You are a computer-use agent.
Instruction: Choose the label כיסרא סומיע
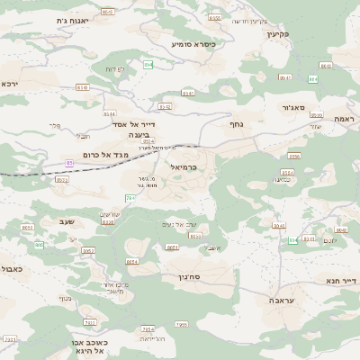pyautogui.click(x=192, y=43)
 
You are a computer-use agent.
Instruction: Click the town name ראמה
pyautogui.click(x=344, y=119)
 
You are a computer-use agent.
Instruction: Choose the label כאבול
pyautogui.click(x=11, y=268)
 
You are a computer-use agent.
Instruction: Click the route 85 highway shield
pyautogui.click(x=69, y=163)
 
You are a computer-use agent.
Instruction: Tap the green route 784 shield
pyautogui.click(x=130, y=197)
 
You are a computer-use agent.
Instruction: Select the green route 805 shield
pyautogui.click(x=38, y=245)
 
